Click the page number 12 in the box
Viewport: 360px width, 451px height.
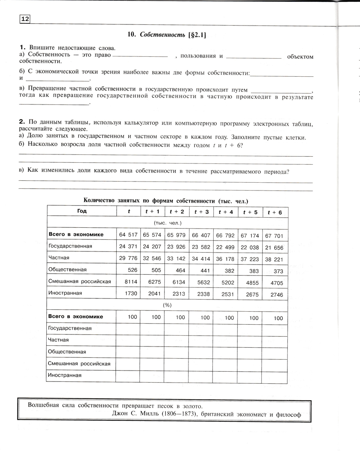pyautogui.click(x=24, y=19)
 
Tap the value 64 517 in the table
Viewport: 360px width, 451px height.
pyautogui.click(x=128, y=235)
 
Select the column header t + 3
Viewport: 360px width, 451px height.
pyautogui.click(x=201, y=212)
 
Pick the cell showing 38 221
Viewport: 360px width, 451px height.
pyautogui.click(x=274, y=259)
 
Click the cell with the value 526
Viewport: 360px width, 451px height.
pyautogui.click(x=132, y=269)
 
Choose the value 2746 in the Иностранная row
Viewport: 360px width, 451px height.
pyautogui.click(x=276, y=295)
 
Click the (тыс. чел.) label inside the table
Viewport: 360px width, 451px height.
pyautogui.click(x=167, y=223)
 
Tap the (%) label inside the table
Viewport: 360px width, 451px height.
pyautogui.click(x=167, y=305)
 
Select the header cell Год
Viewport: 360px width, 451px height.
pyautogui.click(x=82, y=211)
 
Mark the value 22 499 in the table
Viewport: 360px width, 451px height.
pyautogui.click(x=225, y=247)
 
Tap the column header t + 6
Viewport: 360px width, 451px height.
pyautogui.click(x=275, y=212)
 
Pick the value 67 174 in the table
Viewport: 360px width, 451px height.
pyautogui.click(x=250, y=236)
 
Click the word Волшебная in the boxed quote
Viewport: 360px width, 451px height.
pyautogui.click(x=43, y=406)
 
